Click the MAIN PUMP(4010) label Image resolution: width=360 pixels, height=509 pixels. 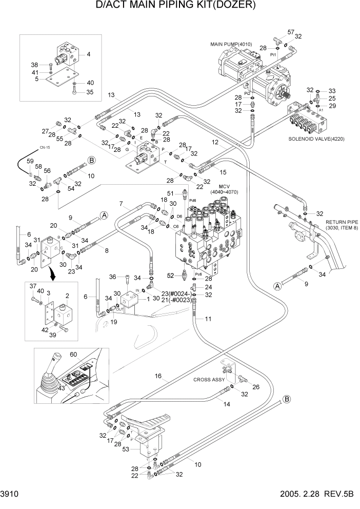[233, 44]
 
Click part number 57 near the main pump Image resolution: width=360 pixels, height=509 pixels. [291, 32]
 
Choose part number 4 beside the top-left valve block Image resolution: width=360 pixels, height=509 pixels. [88, 53]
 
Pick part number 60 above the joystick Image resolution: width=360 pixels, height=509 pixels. [73, 354]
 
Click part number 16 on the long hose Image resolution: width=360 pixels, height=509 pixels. [159, 376]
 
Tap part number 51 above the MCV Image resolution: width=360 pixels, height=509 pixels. [171, 193]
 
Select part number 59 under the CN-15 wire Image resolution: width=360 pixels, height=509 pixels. [31, 162]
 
